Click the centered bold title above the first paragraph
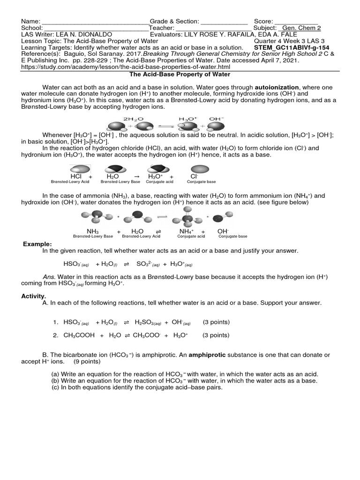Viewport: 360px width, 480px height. tap(180, 74)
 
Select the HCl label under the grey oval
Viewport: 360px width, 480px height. tap(75, 176)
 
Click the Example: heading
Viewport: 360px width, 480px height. tap(37, 244)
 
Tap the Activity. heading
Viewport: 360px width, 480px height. tap(34, 296)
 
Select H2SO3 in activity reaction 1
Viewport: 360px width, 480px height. tap(148, 322)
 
